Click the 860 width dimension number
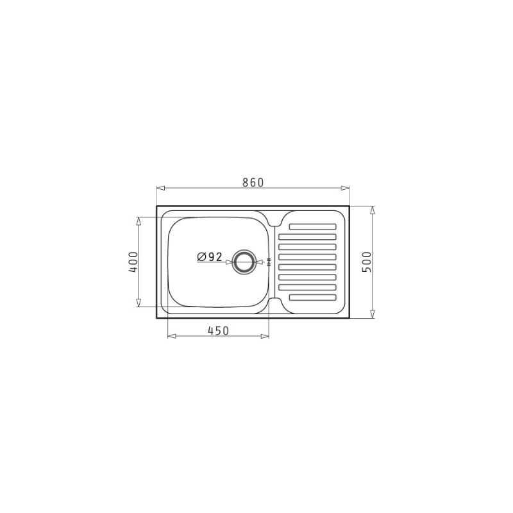[x=253, y=182]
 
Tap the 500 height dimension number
[x=367, y=262]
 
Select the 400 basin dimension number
[x=133, y=262]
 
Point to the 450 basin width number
[x=218, y=331]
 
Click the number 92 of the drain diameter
[x=215, y=257]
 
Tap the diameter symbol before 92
[x=201, y=257]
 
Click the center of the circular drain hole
[x=243, y=262]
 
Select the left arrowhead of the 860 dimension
[x=160, y=188]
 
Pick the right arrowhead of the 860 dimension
[x=345, y=188]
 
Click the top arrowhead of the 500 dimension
[x=372, y=210]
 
